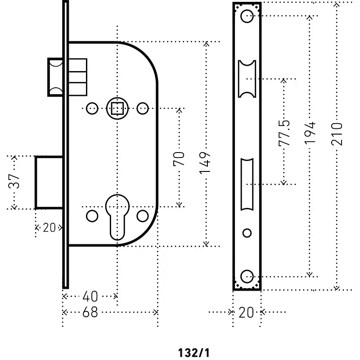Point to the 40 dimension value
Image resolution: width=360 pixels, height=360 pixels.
90,297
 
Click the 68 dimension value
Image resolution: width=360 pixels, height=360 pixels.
90,312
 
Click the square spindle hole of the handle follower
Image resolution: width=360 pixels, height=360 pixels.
117,108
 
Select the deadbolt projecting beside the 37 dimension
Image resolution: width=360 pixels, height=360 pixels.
49,182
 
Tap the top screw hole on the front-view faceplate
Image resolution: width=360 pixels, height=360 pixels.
247,17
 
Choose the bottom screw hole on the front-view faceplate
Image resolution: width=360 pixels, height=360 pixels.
247,276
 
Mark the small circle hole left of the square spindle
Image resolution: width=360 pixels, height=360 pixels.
92,108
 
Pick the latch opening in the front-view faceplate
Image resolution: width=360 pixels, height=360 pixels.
247,78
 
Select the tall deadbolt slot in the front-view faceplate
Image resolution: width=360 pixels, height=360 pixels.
247,184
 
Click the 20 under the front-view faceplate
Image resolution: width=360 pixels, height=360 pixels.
246,312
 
